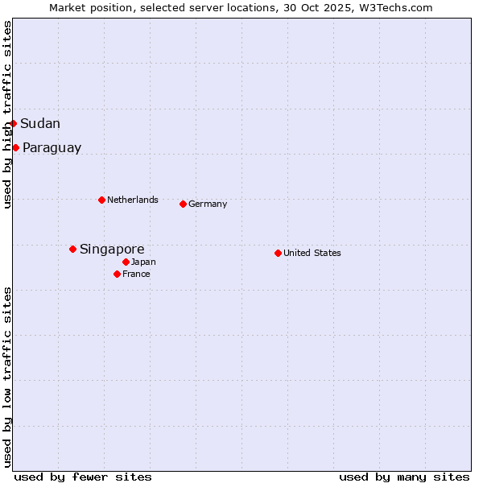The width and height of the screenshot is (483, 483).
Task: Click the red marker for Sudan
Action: tap(14, 123)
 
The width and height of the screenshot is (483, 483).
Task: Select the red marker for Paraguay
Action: tap(16, 147)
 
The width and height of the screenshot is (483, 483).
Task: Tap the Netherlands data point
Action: tap(101, 200)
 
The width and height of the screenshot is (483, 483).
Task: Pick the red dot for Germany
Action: tap(183, 204)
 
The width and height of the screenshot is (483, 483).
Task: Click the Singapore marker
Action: tap(72, 249)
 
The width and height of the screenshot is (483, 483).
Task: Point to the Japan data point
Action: tap(126, 262)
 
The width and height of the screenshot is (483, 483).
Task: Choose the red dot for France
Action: tap(118, 274)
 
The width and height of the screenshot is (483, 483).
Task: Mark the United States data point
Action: tap(278, 253)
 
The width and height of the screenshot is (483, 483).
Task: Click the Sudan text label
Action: tap(40, 123)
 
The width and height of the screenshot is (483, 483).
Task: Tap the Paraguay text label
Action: tap(52, 148)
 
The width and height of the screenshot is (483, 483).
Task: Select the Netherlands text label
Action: tap(133, 200)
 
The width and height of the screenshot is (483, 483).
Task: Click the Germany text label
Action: tap(208, 204)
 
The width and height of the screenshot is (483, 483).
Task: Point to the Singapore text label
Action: tap(112, 250)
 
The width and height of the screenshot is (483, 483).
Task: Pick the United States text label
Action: tap(312, 253)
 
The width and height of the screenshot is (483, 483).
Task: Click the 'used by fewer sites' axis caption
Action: tap(83, 477)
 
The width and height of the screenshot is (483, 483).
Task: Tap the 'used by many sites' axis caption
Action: tap(404, 477)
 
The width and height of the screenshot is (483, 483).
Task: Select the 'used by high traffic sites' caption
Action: tap(8, 115)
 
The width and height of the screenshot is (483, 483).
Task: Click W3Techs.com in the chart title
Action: tap(394, 7)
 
